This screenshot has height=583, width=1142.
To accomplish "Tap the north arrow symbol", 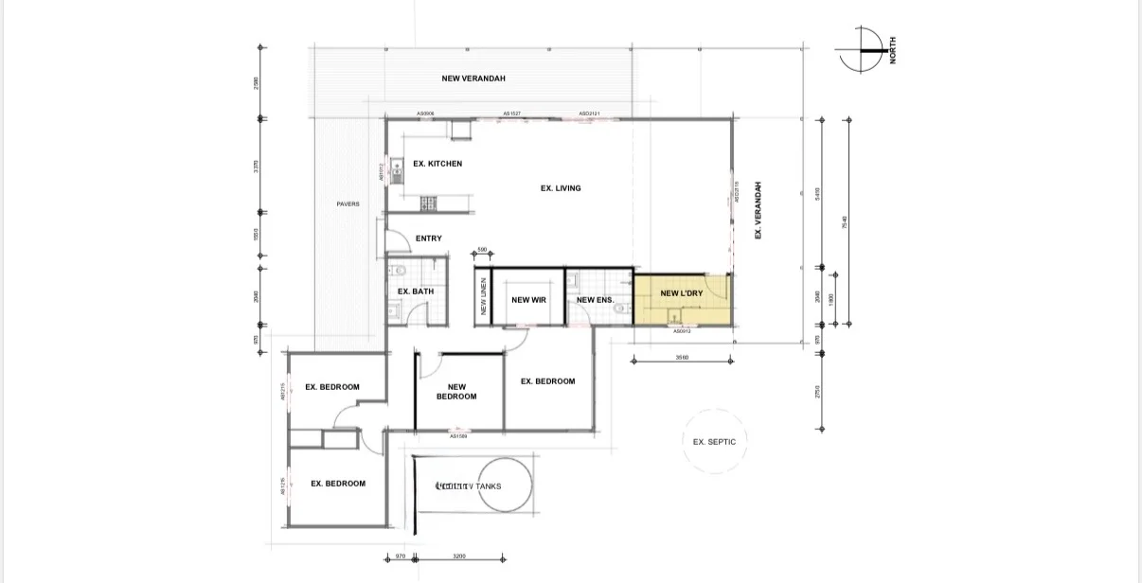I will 861,49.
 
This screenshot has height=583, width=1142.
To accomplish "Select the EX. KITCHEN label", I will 437,164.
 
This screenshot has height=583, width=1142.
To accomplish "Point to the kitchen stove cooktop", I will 429,202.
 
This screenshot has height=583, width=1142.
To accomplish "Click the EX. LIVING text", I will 561,188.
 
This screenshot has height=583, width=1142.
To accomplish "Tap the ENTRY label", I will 428,238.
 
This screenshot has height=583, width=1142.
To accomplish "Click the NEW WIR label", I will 528,300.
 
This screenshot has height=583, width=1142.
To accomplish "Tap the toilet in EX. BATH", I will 400,272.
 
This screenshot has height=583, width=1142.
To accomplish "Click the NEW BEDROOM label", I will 456,392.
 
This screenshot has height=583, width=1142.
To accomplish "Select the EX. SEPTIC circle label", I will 714,442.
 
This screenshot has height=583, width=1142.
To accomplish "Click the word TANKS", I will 489,486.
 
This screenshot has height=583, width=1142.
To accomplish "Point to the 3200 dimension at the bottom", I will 459,556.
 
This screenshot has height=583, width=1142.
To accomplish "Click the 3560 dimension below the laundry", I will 682,358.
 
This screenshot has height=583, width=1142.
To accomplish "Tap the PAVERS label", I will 348,204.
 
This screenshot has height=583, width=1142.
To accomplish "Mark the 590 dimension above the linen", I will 481,250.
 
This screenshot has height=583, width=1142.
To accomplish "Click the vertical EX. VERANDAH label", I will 758,210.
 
